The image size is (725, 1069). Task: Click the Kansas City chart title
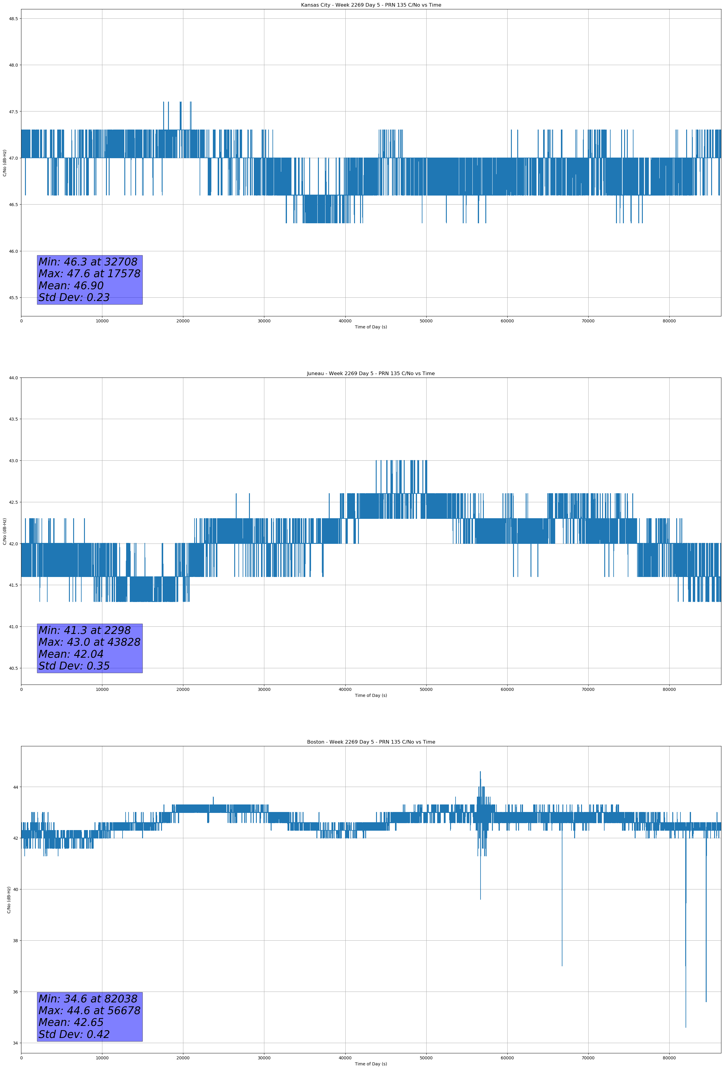coord(371,5)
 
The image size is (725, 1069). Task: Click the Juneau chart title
coord(371,374)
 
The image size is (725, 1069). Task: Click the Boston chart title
coord(371,742)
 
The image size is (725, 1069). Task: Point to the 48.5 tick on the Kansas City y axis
coord(13,18)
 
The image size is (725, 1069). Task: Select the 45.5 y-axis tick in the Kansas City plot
coord(13,298)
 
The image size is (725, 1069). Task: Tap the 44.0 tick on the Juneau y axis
coord(13,378)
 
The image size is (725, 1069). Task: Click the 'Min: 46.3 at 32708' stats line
coord(88,262)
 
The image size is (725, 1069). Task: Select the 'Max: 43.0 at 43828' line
coord(89,642)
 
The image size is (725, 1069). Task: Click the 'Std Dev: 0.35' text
coord(74,666)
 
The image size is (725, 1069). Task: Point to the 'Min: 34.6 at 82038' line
coord(88,998)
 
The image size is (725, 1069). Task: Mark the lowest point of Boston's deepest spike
coord(686,1027)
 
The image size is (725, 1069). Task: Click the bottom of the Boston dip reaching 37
coord(562,966)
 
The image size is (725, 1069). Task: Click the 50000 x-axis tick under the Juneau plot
coord(426,689)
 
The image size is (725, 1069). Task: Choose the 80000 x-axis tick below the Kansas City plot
coord(669,321)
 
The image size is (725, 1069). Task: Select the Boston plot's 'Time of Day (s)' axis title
coord(371,1064)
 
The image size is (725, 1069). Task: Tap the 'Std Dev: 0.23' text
coord(74,298)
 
